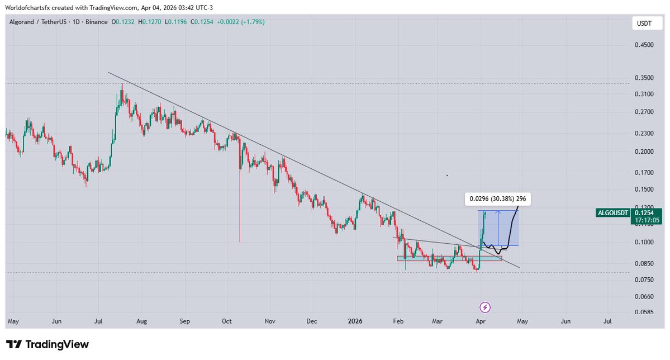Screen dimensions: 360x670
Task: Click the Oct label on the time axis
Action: tap(226, 321)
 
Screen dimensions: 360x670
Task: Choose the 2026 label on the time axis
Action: tap(355, 321)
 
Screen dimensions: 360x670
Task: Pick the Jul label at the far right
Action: tap(607, 321)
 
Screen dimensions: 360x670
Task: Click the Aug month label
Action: tap(141, 321)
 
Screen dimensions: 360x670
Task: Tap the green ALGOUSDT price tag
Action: tap(614, 212)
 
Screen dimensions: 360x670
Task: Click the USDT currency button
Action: tap(644, 23)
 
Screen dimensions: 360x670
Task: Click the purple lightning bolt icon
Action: tap(486, 307)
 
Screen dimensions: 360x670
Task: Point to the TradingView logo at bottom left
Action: tap(47, 344)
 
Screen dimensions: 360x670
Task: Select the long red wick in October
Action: tap(240, 207)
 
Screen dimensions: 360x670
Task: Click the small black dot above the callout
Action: tap(447, 176)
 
